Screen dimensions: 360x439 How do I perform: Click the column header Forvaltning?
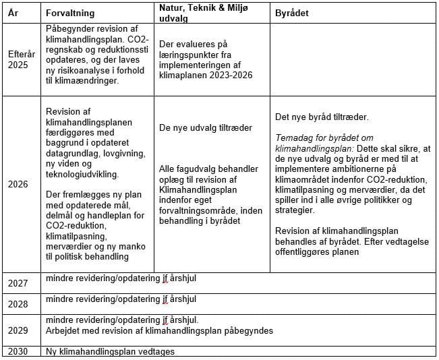[x=70, y=13]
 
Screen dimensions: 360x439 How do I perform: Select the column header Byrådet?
[x=292, y=13]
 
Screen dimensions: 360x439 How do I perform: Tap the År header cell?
[x=13, y=13]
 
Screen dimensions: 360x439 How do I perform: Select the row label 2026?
[x=18, y=183]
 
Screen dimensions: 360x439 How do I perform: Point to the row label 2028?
[x=18, y=304]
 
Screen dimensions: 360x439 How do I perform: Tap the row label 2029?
[x=18, y=330]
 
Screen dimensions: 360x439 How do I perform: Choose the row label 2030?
[x=18, y=351]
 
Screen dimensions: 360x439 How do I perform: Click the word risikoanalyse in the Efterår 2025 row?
[x=90, y=71]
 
